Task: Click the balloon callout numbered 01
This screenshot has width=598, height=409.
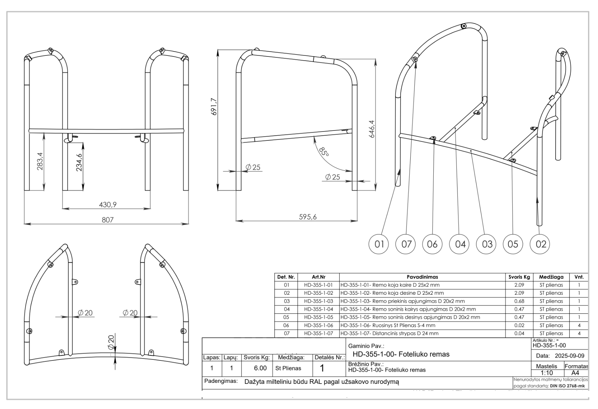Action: (x=379, y=244)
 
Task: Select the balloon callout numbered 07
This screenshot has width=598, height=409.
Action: (x=406, y=244)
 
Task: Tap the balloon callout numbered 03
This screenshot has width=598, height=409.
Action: (x=487, y=244)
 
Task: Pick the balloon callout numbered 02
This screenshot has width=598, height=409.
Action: (x=541, y=244)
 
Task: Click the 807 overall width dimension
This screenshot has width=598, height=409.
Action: (x=107, y=220)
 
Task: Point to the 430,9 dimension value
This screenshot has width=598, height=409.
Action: (x=108, y=204)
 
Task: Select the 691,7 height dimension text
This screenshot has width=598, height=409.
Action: (x=214, y=106)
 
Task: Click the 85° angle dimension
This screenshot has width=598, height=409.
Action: (x=324, y=152)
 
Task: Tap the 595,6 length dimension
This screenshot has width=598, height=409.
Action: (x=308, y=217)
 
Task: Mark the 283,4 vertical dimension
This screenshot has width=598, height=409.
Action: (x=40, y=161)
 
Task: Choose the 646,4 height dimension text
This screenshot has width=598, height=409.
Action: (x=372, y=129)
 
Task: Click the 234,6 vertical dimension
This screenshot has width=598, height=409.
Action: (x=79, y=162)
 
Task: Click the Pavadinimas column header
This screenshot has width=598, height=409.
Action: (x=422, y=277)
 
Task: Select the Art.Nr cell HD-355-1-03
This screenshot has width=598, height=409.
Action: (x=318, y=301)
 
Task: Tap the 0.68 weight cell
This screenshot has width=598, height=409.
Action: (x=519, y=301)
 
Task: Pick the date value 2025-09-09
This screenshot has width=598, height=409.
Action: (x=569, y=356)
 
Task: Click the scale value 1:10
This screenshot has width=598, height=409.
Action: (x=547, y=373)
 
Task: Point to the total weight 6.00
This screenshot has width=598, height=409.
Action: (x=260, y=368)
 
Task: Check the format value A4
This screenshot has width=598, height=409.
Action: (x=575, y=373)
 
